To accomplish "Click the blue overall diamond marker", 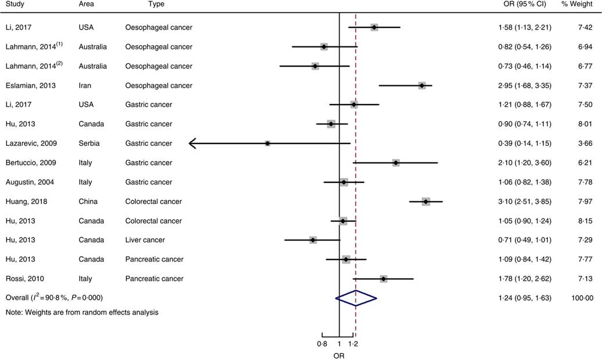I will (x=356, y=298).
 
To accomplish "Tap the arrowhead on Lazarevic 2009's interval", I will (x=193, y=143).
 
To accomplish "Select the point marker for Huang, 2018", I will (x=426, y=201).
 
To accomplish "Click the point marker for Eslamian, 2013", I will (x=422, y=85).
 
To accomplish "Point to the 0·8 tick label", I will (x=322, y=344).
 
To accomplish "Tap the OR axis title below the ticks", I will (x=339, y=355).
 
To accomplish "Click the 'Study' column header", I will (x=15, y=4).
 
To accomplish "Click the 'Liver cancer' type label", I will (x=145, y=240).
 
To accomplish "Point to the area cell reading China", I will (x=88, y=201).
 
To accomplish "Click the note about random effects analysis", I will (x=82, y=312).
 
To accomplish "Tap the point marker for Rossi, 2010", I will (x=384, y=279).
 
